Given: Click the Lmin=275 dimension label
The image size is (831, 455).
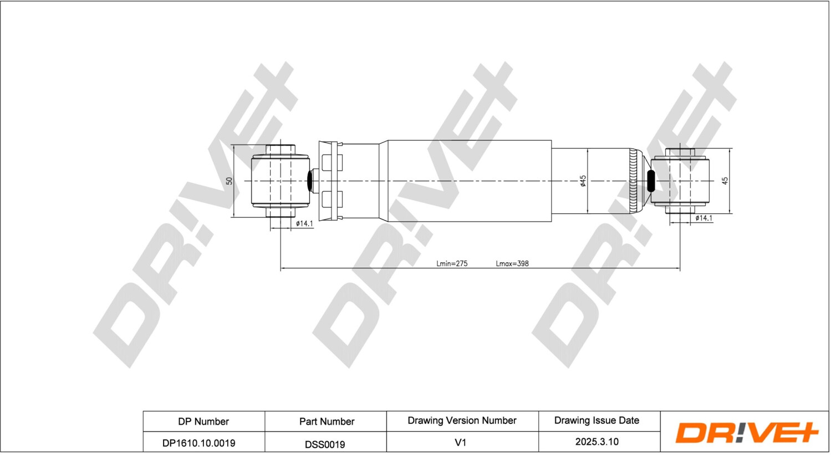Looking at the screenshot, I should pyautogui.click(x=451, y=263).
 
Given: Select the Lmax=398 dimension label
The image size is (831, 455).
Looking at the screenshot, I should pyautogui.click(x=512, y=263).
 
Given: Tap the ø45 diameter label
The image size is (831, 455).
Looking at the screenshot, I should pyautogui.click(x=583, y=181).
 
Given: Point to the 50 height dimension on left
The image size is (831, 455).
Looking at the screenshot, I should pyautogui.click(x=229, y=181).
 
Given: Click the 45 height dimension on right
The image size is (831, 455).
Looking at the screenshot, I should pyautogui.click(x=725, y=181).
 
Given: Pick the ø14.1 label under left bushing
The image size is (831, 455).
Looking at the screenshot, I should pyautogui.click(x=304, y=223).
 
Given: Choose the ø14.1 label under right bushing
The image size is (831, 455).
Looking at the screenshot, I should pyautogui.click(x=703, y=218).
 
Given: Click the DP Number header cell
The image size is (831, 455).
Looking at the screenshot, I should pyautogui.click(x=203, y=421).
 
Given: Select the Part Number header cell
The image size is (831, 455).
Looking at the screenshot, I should pyautogui.click(x=327, y=421).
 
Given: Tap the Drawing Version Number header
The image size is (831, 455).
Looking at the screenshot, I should pyautogui.click(x=462, y=420).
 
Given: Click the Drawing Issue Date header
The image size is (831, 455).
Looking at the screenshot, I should pyautogui.click(x=597, y=420).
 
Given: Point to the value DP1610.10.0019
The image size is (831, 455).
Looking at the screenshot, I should pyautogui.click(x=198, y=443).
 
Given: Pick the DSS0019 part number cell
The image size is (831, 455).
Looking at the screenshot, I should pyautogui.click(x=325, y=444).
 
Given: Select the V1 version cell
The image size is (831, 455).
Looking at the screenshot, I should pyautogui.click(x=460, y=443).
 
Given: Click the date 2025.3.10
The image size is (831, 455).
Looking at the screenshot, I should pyautogui.click(x=597, y=442).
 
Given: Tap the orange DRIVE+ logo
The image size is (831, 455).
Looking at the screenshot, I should pyautogui.click(x=746, y=432).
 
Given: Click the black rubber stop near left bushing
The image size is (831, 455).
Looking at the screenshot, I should pyautogui.click(x=310, y=181).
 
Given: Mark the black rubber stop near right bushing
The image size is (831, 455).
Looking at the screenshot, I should pyautogui.click(x=651, y=181).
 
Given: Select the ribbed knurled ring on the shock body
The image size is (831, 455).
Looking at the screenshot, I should pyautogui.click(x=634, y=181).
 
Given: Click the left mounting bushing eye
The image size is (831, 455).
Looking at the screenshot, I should pyautogui.click(x=280, y=181).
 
